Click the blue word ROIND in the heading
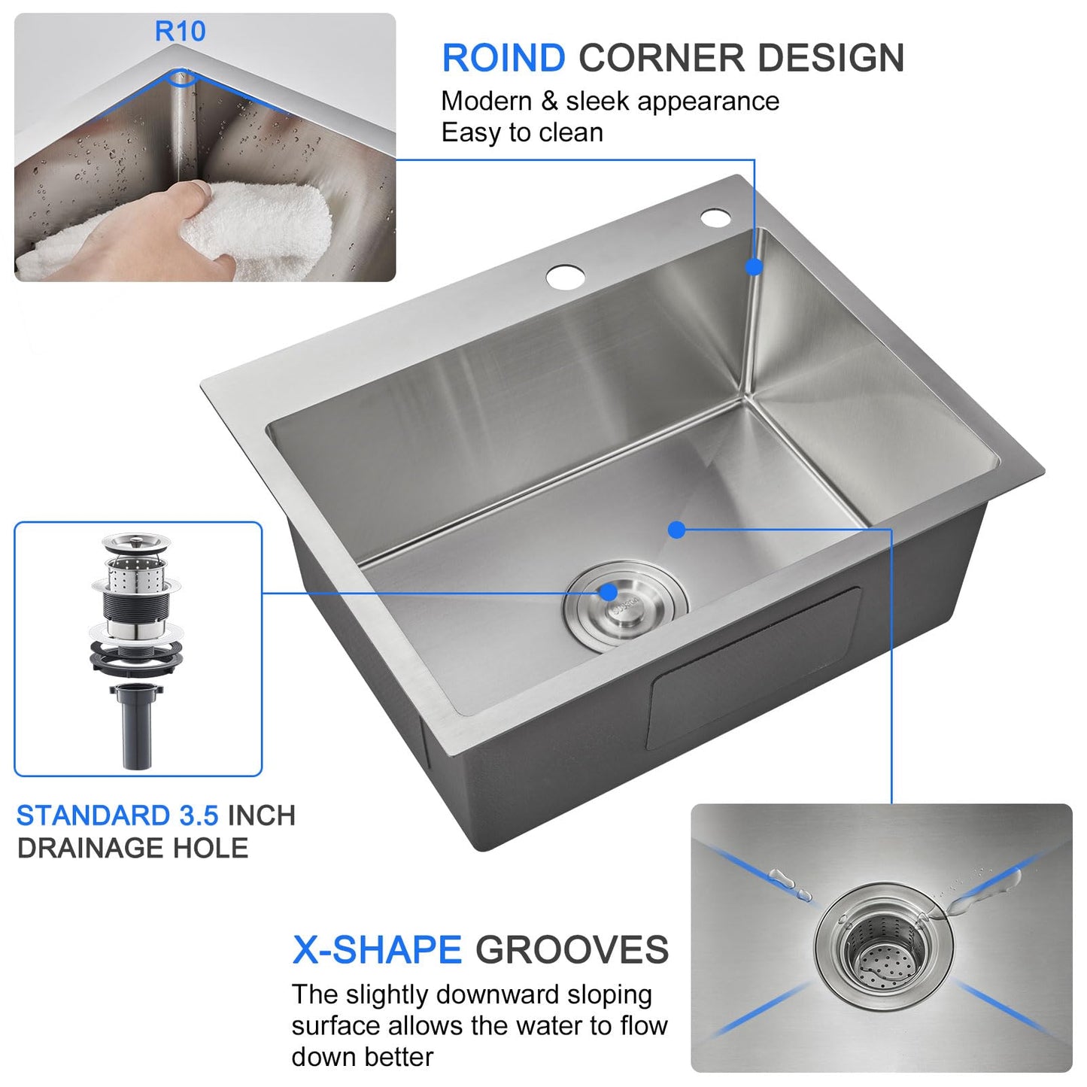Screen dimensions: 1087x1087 point(503,59)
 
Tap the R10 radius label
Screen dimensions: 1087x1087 point(180,32)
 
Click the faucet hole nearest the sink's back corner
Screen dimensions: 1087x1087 point(715,218)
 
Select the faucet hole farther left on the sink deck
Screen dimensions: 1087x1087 point(566,277)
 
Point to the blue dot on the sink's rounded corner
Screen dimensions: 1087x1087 point(754,266)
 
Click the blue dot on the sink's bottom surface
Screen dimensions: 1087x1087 point(676,530)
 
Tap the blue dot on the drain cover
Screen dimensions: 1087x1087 point(609,593)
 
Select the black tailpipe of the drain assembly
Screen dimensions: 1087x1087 point(136,726)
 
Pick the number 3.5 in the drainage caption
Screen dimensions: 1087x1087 point(199,815)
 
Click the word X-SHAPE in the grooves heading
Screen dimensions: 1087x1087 point(376,950)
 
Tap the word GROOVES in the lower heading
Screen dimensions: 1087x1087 point(572,950)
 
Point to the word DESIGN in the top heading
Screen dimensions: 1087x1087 point(830,59)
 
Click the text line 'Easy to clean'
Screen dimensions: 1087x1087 point(522,133)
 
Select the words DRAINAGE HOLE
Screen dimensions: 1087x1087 point(132,849)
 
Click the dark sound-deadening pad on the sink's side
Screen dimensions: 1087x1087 point(752,670)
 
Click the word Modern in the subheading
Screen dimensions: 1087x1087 point(486,102)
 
